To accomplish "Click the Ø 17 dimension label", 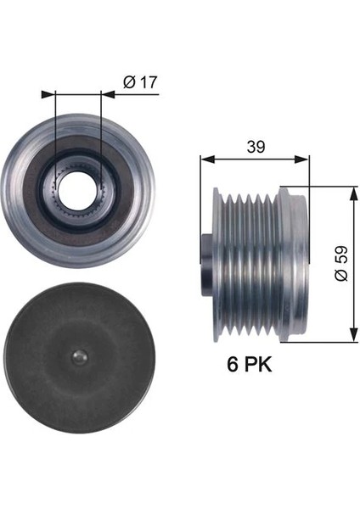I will [x=140, y=84].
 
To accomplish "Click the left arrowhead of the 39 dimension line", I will [x=204, y=158].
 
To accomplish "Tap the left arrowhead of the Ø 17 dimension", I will [x=56, y=95].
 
